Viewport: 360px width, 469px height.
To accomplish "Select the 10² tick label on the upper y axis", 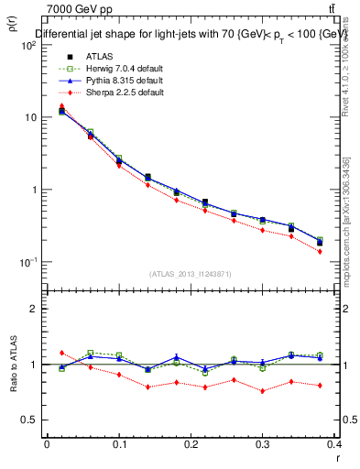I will click(x=27, y=46).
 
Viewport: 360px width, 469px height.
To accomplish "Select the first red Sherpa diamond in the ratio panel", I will click(x=61, y=353).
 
